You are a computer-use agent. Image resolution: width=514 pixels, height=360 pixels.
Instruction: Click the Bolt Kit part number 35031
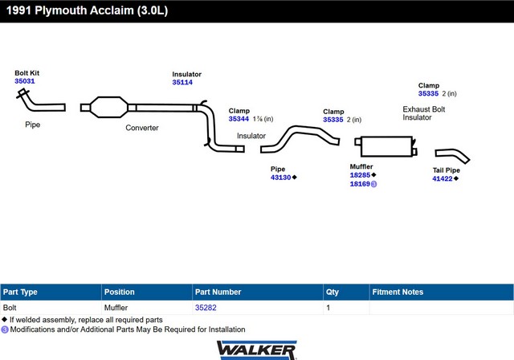[25, 81]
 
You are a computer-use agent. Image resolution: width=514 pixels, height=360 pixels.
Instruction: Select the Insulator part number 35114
[182, 82]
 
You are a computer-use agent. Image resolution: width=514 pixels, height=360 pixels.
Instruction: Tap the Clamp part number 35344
[239, 119]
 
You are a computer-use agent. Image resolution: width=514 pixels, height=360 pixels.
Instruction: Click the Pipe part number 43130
[280, 178]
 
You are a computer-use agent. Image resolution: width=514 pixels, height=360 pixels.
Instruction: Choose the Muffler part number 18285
[360, 175]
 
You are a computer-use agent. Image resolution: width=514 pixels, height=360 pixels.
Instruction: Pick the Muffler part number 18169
[360, 184]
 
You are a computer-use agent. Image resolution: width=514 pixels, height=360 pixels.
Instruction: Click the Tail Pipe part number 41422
[443, 178]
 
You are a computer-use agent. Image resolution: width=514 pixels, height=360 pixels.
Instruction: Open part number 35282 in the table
[206, 308]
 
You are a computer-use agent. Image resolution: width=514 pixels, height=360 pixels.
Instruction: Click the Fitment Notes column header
[398, 292]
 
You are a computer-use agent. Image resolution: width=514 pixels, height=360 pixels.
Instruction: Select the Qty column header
[332, 292]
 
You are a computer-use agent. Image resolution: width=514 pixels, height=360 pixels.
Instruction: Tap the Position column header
[120, 292]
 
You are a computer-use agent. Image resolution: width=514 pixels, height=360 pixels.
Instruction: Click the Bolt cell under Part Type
[10, 308]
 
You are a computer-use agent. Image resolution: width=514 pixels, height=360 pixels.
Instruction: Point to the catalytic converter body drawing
[108, 107]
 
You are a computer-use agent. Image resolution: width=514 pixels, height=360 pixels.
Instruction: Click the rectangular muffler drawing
[386, 146]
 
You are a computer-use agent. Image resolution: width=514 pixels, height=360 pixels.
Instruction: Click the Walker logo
[257, 350]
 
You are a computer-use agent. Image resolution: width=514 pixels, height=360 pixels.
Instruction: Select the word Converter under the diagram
[142, 128]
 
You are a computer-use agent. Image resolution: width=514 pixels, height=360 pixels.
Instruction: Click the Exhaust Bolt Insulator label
[423, 113]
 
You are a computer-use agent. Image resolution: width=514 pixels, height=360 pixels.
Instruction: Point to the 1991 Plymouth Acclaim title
[88, 10]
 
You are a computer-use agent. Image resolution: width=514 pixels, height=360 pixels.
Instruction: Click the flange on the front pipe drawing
[22, 93]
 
